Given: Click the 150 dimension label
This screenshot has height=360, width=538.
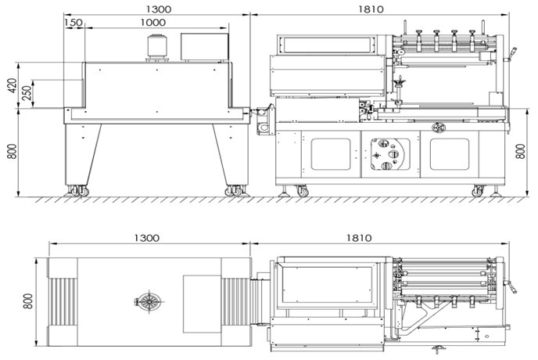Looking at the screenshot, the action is pyautogui.click(x=74, y=23).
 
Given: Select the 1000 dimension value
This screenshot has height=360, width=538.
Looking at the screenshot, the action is pyautogui.click(x=153, y=23).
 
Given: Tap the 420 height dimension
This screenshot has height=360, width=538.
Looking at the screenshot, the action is pyautogui.click(x=13, y=85).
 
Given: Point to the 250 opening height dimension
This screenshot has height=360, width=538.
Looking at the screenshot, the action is pyautogui.click(x=27, y=93).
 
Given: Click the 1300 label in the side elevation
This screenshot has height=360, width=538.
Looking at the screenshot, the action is pyautogui.click(x=159, y=9).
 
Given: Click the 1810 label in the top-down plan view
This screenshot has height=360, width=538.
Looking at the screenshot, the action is pyautogui.click(x=359, y=238).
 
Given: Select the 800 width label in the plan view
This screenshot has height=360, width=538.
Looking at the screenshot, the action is pyautogui.click(x=28, y=301).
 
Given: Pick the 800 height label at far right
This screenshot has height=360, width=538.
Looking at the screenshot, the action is pyautogui.click(x=521, y=151).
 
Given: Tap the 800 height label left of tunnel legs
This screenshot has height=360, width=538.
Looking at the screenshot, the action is pyautogui.click(x=13, y=151).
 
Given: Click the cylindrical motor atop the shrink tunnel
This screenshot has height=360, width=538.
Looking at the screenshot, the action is pyautogui.click(x=157, y=47).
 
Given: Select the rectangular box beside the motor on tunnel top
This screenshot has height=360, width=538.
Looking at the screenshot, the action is pyautogui.click(x=205, y=47).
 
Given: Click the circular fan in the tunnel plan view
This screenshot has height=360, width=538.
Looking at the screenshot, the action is pyautogui.click(x=149, y=301).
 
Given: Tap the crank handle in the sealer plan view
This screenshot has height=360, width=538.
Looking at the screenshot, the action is pyautogui.click(x=511, y=286).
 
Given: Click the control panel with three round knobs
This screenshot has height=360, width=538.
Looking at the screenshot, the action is pyautogui.click(x=390, y=154).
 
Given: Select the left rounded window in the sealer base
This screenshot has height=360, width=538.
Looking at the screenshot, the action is pyautogui.click(x=331, y=154).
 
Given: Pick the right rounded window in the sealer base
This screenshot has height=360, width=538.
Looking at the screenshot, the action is pyautogui.click(x=450, y=154).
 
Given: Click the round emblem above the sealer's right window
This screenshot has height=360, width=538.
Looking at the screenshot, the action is pyautogui.click(x=439, y=128).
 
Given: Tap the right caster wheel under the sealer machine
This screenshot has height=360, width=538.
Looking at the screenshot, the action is pyautogui.click(x=477, y=191).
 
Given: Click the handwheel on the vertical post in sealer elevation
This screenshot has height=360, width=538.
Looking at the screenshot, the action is pyautogui.click(x=400, y=81).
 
